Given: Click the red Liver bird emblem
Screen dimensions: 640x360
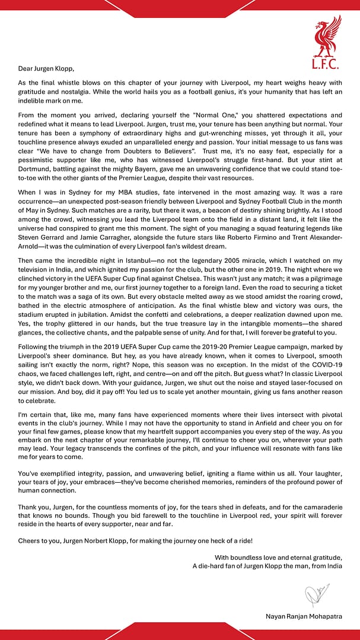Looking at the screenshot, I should coord(327,36).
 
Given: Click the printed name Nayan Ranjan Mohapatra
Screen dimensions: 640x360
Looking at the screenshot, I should coord(304,616).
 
